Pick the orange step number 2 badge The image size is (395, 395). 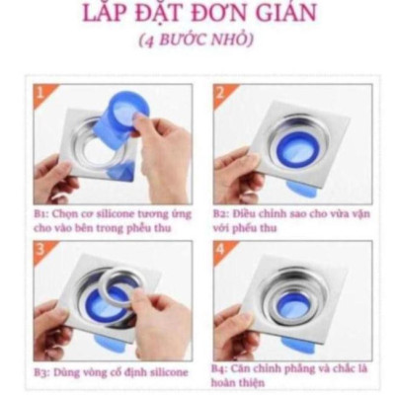tap(221, 94)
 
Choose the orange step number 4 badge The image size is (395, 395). tap(221, 249)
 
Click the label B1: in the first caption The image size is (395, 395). tap(41, 212)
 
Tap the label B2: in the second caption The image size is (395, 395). tap(221, 212)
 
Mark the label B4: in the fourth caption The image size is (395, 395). tap(221, 367)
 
